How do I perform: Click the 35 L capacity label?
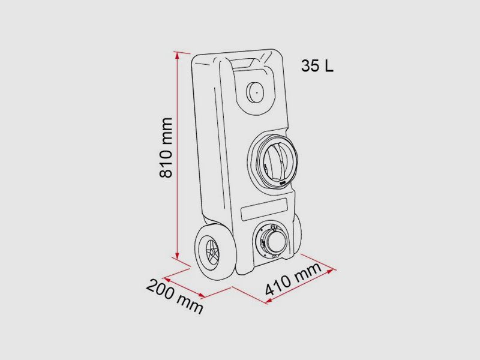(x=317, y=66)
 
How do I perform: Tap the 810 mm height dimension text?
(x=166, y=147)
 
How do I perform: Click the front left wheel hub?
(x=211, y=252)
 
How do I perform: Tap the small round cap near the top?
(x=255, y=92)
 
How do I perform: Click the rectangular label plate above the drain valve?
(x=264, y=209)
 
